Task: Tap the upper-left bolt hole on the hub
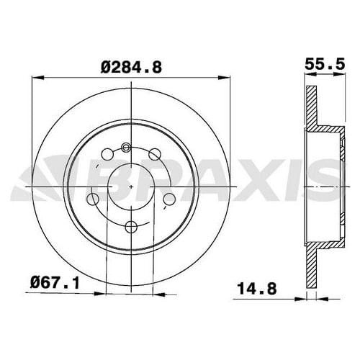107,153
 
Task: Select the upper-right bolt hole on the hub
154,153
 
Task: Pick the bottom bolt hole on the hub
131,228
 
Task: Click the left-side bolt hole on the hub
93,199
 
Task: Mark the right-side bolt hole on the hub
169,199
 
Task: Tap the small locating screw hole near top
126,148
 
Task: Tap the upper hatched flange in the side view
311,108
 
